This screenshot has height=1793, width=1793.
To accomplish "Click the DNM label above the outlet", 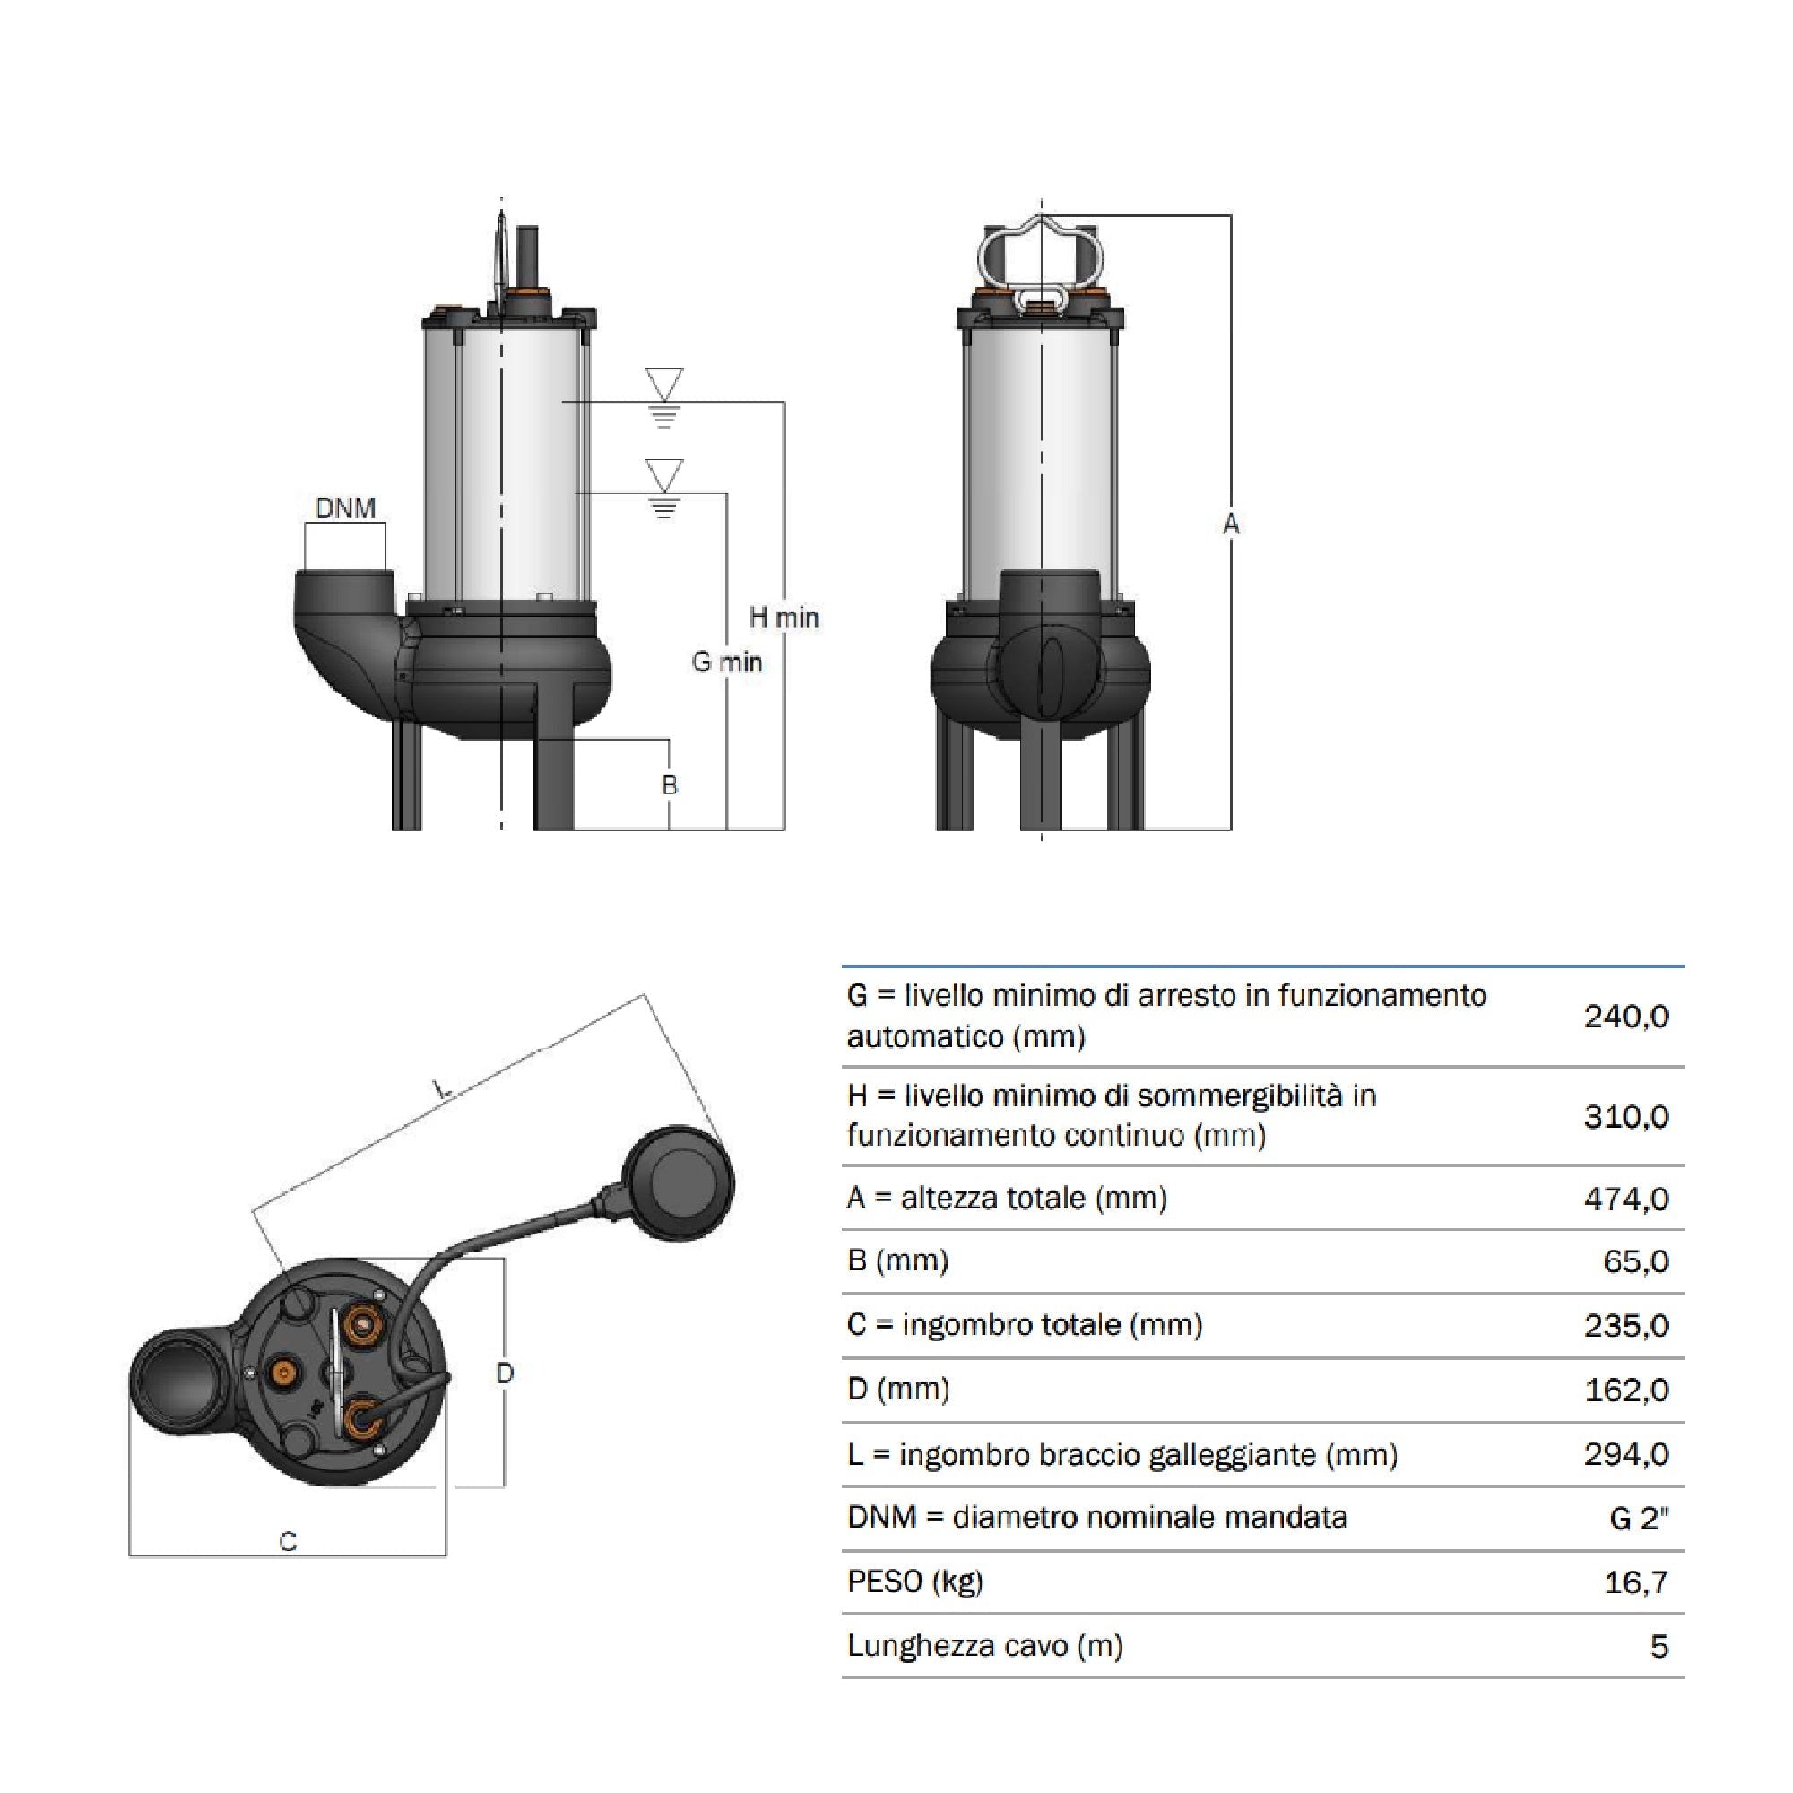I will coord(345,508).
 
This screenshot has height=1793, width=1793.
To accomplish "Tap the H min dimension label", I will coord(784,617).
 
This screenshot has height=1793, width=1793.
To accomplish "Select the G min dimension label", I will coord(727,663).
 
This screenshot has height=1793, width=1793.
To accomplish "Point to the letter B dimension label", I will coord(669,785).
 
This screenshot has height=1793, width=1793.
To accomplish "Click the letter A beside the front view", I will coord(1231,524).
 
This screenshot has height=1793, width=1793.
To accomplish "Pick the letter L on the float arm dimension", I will coord(444,1087).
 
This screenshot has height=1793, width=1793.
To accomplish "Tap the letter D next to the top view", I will coord(505,1373).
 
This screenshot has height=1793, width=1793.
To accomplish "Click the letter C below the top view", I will coord(288,1541).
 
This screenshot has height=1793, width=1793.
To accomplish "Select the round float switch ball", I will coord(679,1183).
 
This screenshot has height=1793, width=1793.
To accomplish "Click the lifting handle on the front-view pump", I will coord(1040,260).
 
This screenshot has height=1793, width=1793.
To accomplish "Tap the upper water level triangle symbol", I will coord(663,384).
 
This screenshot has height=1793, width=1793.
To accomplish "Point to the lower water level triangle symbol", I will coord(663,474).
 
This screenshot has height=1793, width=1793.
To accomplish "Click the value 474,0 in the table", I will coord(1626,1199).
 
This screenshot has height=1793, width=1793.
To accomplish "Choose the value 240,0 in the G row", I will coord(1626,1018).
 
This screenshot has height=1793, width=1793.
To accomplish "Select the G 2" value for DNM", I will coord(1638,1519).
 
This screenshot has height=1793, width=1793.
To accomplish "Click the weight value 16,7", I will coord(1635,1582).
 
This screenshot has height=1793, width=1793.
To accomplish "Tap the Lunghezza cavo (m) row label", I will coord(984,1646).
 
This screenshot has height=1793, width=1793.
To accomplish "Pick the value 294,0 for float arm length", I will coord(1626,1454).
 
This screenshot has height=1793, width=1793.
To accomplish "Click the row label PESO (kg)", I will coord(915,1581).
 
